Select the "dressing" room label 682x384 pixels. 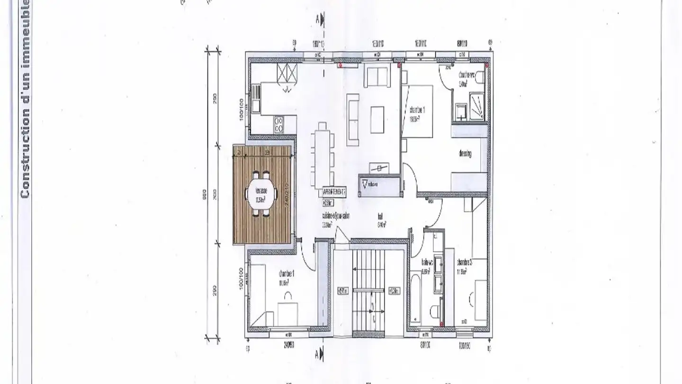[x=465, y=154]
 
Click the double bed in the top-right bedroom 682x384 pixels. [x=419, y=111]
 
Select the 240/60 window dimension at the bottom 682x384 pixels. [x=289, y=345]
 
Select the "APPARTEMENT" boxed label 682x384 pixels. [x=334, y=192]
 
